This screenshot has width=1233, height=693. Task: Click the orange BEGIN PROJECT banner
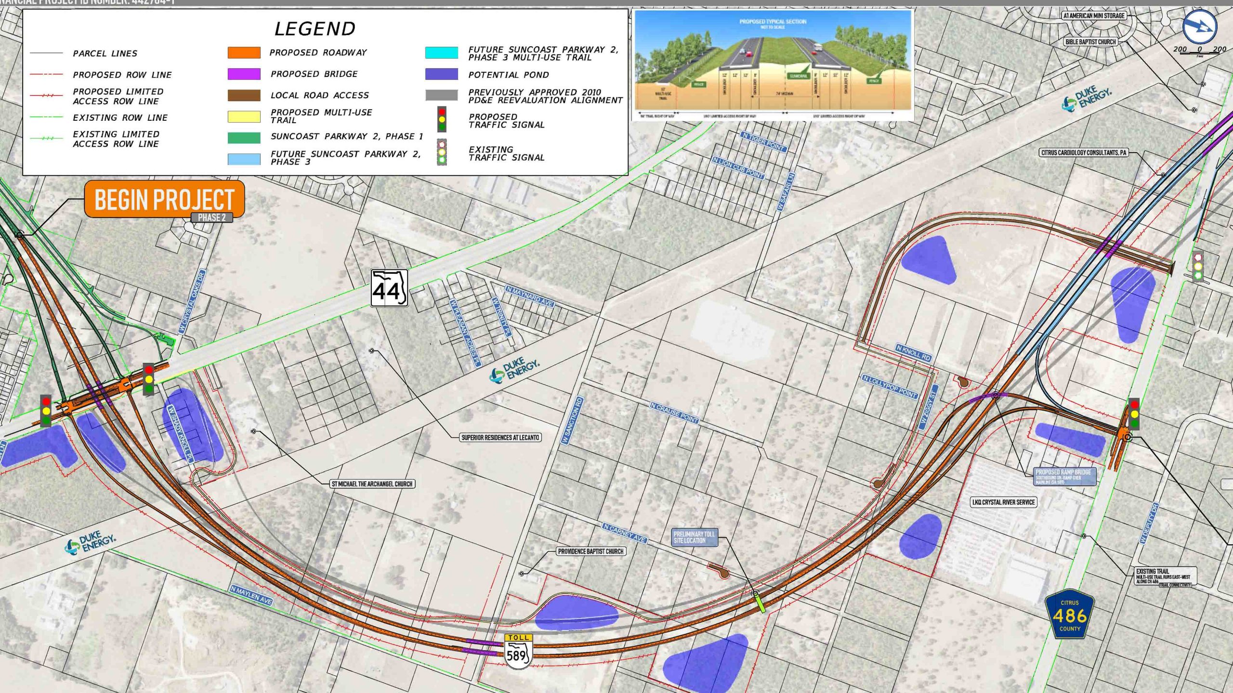(x=164, y=199)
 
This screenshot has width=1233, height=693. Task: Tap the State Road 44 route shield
(x=389, y=288)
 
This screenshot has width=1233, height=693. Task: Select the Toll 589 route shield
(x=518, y=651)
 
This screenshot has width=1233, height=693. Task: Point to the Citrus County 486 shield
(x=1069, y=614)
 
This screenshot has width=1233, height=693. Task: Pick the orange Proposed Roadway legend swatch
(x=244, y=52)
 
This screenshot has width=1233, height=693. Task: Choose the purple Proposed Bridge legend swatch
(x=244, y=74)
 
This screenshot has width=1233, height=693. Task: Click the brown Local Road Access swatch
(x=244, y=95)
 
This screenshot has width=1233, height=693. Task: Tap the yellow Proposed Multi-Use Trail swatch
(x=244, y=116)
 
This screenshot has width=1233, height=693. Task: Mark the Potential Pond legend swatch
(x=441, y=74)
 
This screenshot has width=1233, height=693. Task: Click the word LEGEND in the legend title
(x=315, y=29)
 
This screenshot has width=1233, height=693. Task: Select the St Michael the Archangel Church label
(x=372, y=484)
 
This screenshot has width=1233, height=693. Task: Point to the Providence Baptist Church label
(x=590, y=551)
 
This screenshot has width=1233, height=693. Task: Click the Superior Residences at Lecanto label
(x=500, y=437)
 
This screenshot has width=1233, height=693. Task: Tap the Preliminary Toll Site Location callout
(x=694, y=537)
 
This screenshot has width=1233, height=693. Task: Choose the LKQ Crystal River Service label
(x=1003, y=502)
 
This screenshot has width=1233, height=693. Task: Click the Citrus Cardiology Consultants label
(x=1084, y=153)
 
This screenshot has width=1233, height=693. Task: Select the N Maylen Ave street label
(x=251, y=595)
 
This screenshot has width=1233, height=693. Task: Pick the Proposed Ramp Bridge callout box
(x=1065, y=476)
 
